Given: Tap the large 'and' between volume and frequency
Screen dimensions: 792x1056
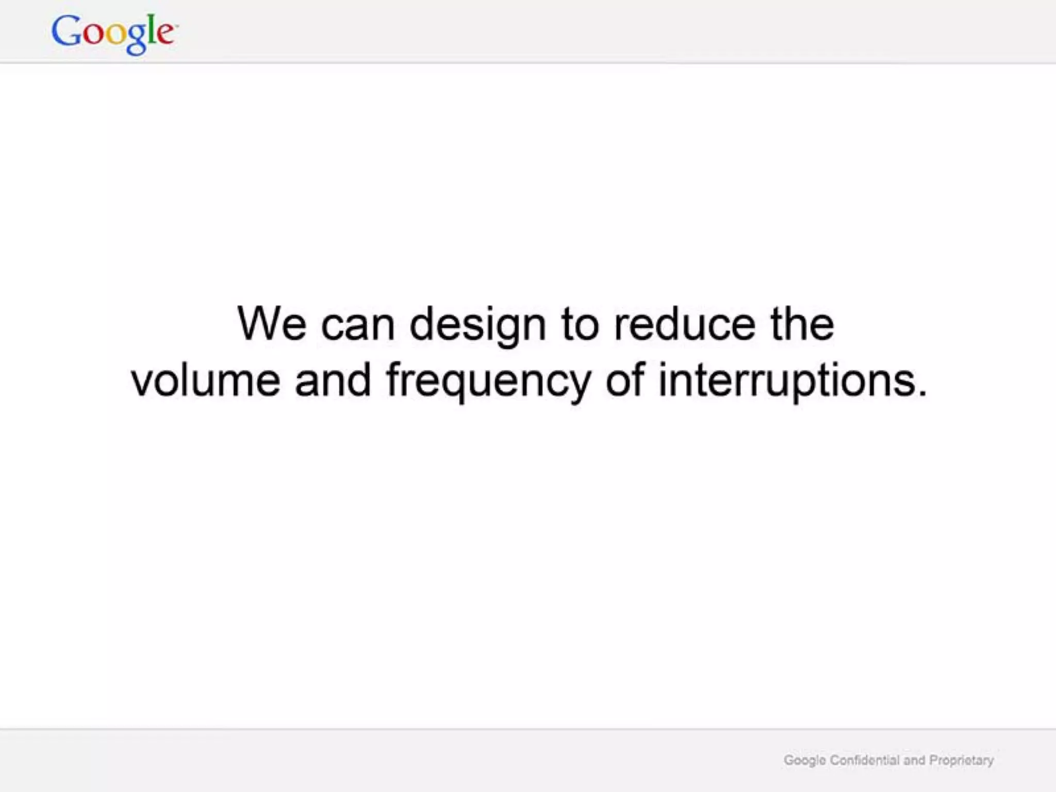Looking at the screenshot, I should point(333,380).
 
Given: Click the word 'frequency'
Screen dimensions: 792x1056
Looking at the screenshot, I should point(488,382).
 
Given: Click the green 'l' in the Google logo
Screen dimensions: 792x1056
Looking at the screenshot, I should point(150,29).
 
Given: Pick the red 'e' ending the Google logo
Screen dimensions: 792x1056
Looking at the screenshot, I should point(164,34).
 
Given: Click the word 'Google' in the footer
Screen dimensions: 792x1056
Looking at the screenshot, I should point(804,761).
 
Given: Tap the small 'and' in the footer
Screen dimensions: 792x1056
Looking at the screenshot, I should point(914,760).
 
